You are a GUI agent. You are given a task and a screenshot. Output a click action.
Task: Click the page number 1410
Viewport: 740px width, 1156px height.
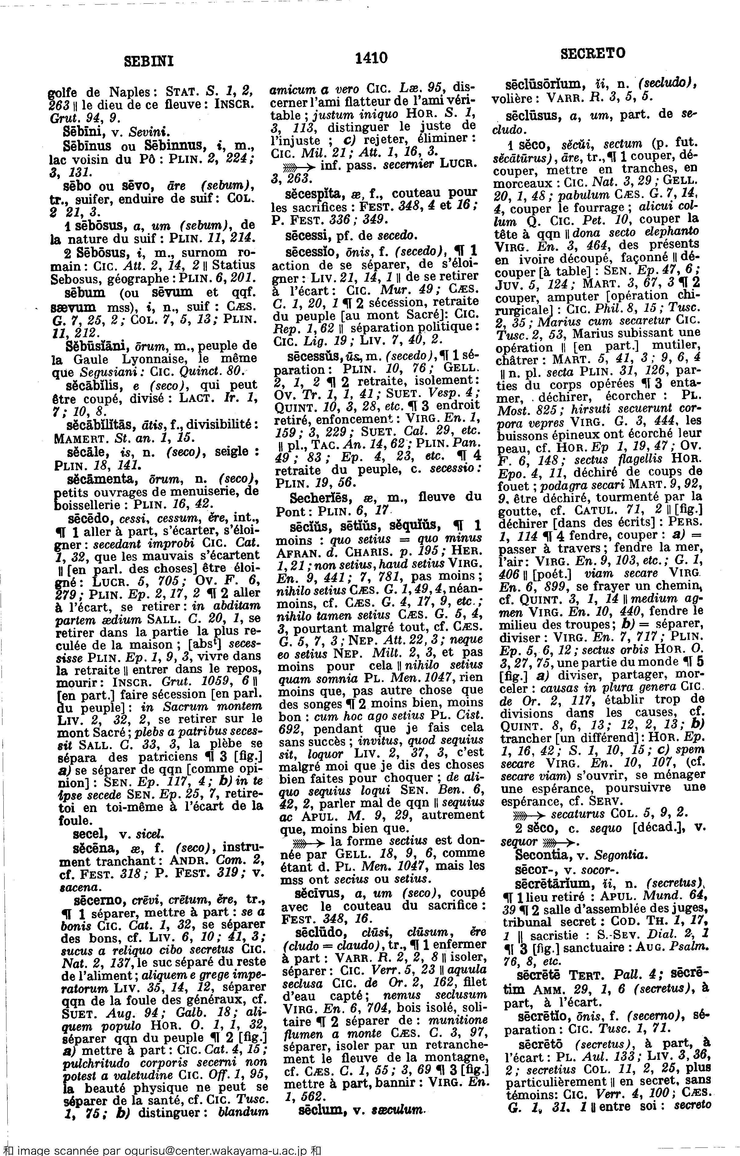click(x=371, y=58)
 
